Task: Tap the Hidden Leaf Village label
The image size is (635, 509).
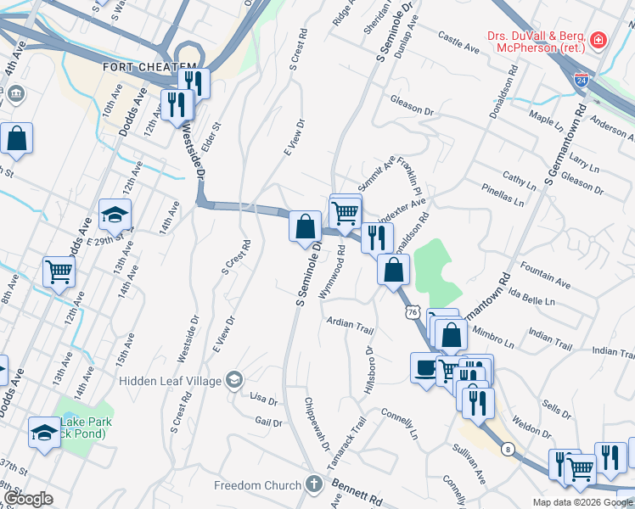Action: coord(169,381)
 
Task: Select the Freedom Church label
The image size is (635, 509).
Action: coord(257,485)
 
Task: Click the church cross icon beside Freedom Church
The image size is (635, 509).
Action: coord(314,485)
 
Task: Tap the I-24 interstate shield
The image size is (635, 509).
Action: coord(582,81)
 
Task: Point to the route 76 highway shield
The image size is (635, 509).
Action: coord(413,313)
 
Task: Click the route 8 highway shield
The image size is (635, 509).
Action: coord(507,448)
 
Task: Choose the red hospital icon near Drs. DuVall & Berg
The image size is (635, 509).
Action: coord(598,40)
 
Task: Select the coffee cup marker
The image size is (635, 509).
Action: coord(424,368)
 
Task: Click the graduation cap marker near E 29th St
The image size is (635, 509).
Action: coord(115,215)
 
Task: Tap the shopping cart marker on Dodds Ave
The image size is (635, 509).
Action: coord(59,271)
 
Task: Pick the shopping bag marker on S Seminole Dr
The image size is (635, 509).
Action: coord(305,227)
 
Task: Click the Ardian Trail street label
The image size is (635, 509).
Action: coord(351,327)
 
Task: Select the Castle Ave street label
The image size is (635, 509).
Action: coord(458,38)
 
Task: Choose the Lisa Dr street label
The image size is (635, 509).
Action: coord(263,398)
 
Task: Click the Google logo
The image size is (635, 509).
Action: coord(27,499)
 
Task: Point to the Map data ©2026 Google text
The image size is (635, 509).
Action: coord(582,501)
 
